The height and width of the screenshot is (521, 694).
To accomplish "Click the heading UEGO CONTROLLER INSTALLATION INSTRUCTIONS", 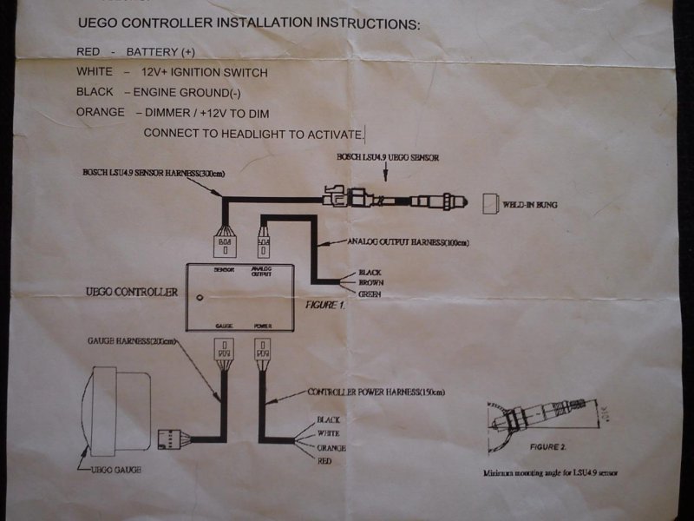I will [248, 24].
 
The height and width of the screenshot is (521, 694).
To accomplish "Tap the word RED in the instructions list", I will [89, 52].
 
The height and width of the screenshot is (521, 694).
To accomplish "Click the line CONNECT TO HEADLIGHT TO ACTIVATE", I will [253, 133].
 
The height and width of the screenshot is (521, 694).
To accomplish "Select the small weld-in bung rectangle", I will [488, 204].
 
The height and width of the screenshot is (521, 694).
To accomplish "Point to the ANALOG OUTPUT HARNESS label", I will [408, 242].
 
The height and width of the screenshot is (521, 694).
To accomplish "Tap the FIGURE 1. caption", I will [325, 306].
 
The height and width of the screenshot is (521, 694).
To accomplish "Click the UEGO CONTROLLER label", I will [131, 292].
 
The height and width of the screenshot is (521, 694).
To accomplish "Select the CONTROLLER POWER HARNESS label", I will [377, 392].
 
